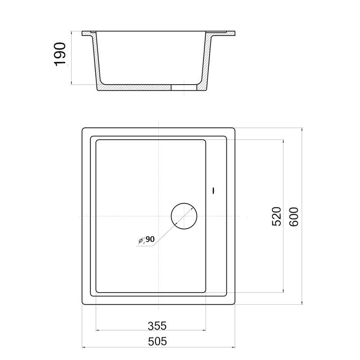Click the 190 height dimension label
(60, 54)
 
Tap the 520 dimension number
(276, 216)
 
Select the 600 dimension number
(294, 217)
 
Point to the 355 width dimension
(157, 326)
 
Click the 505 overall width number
(157, 342)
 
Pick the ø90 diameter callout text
(147, 240)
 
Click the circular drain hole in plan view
(184, 216)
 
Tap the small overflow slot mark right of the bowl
(214, 190)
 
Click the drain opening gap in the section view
(184, 87)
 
